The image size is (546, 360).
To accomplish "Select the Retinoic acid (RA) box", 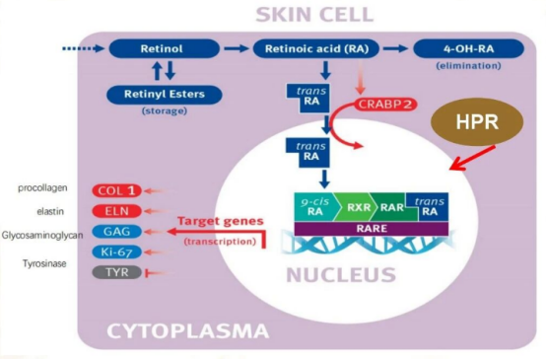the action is (x=316, y=48).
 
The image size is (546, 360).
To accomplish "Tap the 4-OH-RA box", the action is (x=469, y=48).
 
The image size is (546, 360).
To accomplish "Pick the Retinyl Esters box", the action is (x=165, y=95).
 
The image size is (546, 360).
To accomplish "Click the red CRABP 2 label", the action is (x=385, y=105).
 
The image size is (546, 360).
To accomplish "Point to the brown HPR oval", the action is (x=477, y=121).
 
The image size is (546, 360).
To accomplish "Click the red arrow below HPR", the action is (x=472, y=158).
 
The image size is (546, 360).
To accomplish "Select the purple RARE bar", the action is (x=372, y=229).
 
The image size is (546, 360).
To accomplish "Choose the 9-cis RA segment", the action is (x=315, y=207).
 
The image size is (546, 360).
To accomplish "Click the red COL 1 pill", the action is (x=116, y=190).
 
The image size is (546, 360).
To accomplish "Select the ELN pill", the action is (x=116, y=211).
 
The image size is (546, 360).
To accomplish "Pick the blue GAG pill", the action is (x=116, y=232).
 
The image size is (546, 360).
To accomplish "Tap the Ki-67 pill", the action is (x=116, y=252).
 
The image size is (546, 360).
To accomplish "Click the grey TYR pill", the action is (x=116, y=272).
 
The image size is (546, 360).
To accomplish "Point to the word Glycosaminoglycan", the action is (x=42, y=236).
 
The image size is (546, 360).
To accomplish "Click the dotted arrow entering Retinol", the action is (x=84, y=48).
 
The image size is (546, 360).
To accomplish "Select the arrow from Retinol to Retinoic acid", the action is (x=237, y=48).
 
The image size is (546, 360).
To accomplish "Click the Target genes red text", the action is (x=221, y=221).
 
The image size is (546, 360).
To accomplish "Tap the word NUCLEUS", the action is (x=341, y=275).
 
